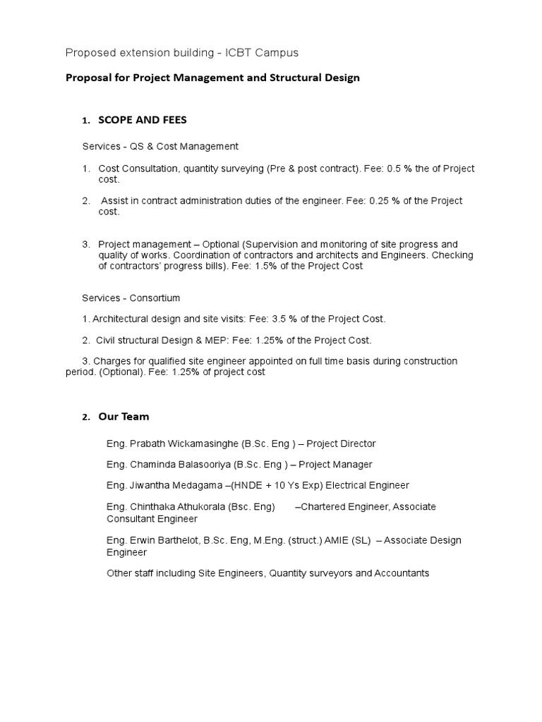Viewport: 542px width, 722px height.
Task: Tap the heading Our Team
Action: click(x=124, y=417)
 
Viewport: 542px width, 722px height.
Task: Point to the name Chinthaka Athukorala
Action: click(x=179, y=506)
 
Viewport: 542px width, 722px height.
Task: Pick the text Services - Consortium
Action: click(x=131, y=298)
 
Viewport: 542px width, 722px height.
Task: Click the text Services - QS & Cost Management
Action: click(x=160, y=146)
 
